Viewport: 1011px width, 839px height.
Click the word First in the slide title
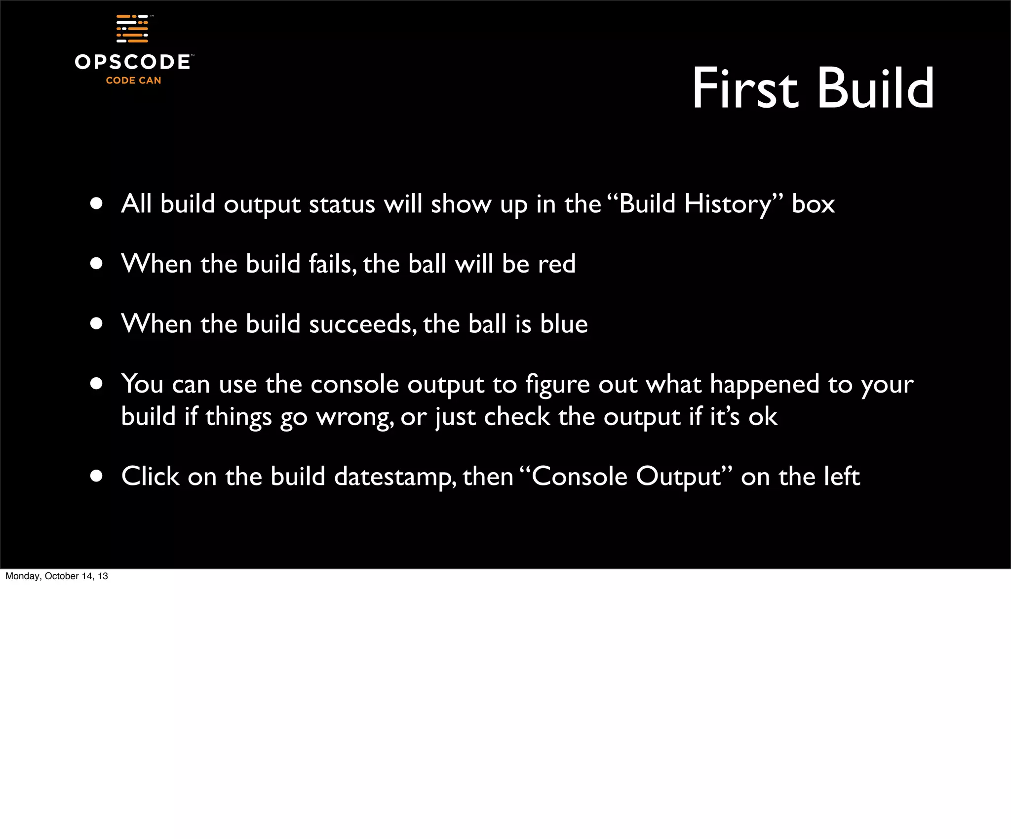(x=744, y=89)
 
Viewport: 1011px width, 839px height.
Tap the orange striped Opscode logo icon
(x=132, y=29)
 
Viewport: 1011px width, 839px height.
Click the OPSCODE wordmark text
(x=132, y=62)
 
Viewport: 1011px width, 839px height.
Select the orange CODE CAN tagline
(x=133, y=80)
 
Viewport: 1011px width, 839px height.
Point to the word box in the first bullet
(x=813, y=204)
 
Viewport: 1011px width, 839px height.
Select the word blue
(x=564, y=324)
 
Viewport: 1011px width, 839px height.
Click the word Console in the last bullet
(x=580, y=477)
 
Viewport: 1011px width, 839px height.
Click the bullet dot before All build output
(x=96, y=203)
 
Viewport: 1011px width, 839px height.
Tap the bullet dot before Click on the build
(x=96, y=476)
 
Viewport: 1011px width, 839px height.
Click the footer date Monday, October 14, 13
(x=57, y=576)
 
